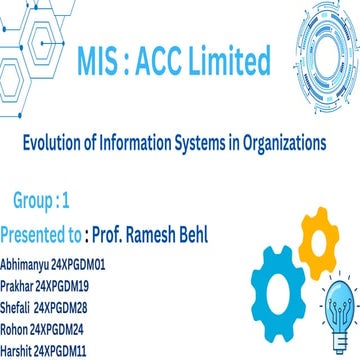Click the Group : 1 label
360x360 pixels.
pyautogui.click(x=41, y=201)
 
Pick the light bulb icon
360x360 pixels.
pyautogui.click(x=337, y=291)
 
